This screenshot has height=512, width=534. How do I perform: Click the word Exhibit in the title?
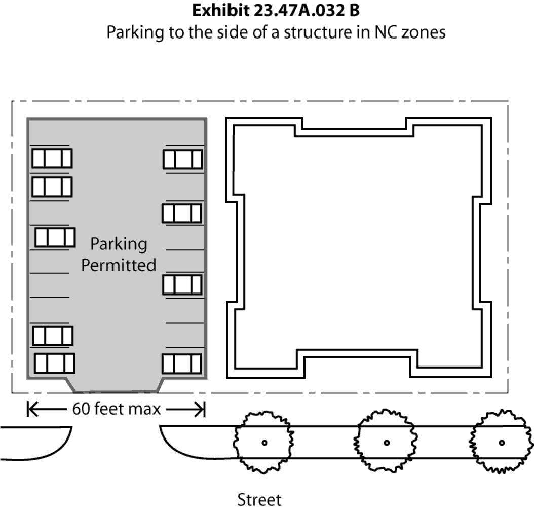(x=221, y=11)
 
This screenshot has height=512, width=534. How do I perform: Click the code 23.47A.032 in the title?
(x=296, y=11)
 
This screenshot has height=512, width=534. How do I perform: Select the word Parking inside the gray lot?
(x=119, y=244)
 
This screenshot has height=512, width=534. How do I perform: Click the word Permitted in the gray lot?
(x=119, y=265)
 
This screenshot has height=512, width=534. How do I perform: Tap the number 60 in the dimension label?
(x=81, y=409)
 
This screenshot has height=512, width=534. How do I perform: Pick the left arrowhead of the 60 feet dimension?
(x=32, y=409)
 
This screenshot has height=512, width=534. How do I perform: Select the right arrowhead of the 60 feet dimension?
(x=201, y=409)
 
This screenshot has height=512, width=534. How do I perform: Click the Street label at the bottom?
(x=259, y=500)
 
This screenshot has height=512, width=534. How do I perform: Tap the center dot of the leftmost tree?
(x=264, y=443)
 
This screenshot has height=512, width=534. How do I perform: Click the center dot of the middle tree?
(x=386, y=443)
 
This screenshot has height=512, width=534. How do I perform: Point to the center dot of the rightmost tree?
(x=501, y=443)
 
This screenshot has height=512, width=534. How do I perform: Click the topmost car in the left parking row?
(x=52, y=158)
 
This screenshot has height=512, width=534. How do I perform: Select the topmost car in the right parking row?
(x=183, y=159)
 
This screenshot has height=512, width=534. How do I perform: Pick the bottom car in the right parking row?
(x=182, y=364)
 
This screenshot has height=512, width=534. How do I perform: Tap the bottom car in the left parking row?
(x=54, y=363)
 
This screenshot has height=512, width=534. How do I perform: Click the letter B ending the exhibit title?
(x=354, y=11)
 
